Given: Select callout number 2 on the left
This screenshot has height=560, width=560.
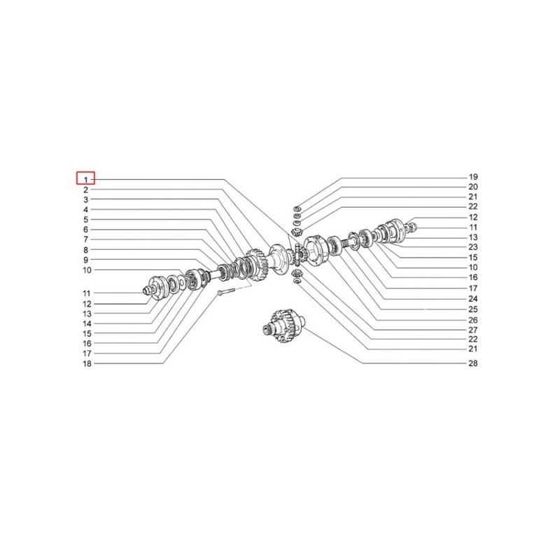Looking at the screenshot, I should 85,190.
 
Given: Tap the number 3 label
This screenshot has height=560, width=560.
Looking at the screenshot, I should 85,199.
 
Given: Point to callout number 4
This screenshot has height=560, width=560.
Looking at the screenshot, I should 85,210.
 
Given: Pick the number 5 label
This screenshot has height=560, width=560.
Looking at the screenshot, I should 85,220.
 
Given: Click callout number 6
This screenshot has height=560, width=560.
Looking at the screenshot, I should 85,230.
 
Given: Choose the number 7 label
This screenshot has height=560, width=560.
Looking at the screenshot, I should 85,239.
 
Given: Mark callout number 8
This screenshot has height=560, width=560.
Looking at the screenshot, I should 85,250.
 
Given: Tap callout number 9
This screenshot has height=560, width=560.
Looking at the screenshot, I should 85,260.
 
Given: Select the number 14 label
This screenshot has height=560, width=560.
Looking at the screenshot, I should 87,324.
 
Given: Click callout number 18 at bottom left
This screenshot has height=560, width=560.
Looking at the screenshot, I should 87,364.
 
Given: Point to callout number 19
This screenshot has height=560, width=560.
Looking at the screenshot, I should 472,177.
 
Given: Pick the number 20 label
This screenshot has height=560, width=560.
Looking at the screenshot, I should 472,188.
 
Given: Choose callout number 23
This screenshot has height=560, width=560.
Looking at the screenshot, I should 472,248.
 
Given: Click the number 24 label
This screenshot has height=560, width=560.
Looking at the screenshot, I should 472,298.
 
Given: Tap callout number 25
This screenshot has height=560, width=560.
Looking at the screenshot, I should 472,309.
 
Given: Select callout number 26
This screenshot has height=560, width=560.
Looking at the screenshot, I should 472,318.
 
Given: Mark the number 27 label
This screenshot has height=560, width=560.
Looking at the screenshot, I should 472,329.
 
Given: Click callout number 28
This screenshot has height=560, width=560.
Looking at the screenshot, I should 472,364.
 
